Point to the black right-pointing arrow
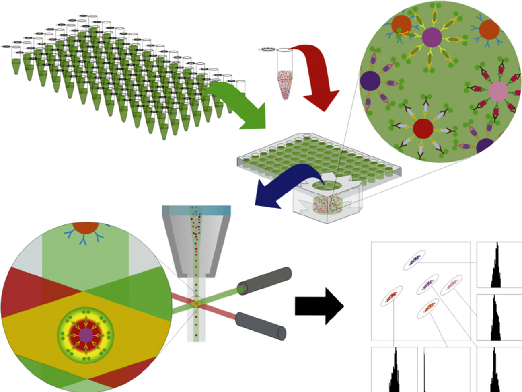point(319,306)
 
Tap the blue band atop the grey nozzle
point(196,210)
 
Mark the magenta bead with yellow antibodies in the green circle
point(432,37)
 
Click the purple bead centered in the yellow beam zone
point(86,335)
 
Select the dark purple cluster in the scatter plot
point(414,260)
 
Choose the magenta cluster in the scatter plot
point(427,285)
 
